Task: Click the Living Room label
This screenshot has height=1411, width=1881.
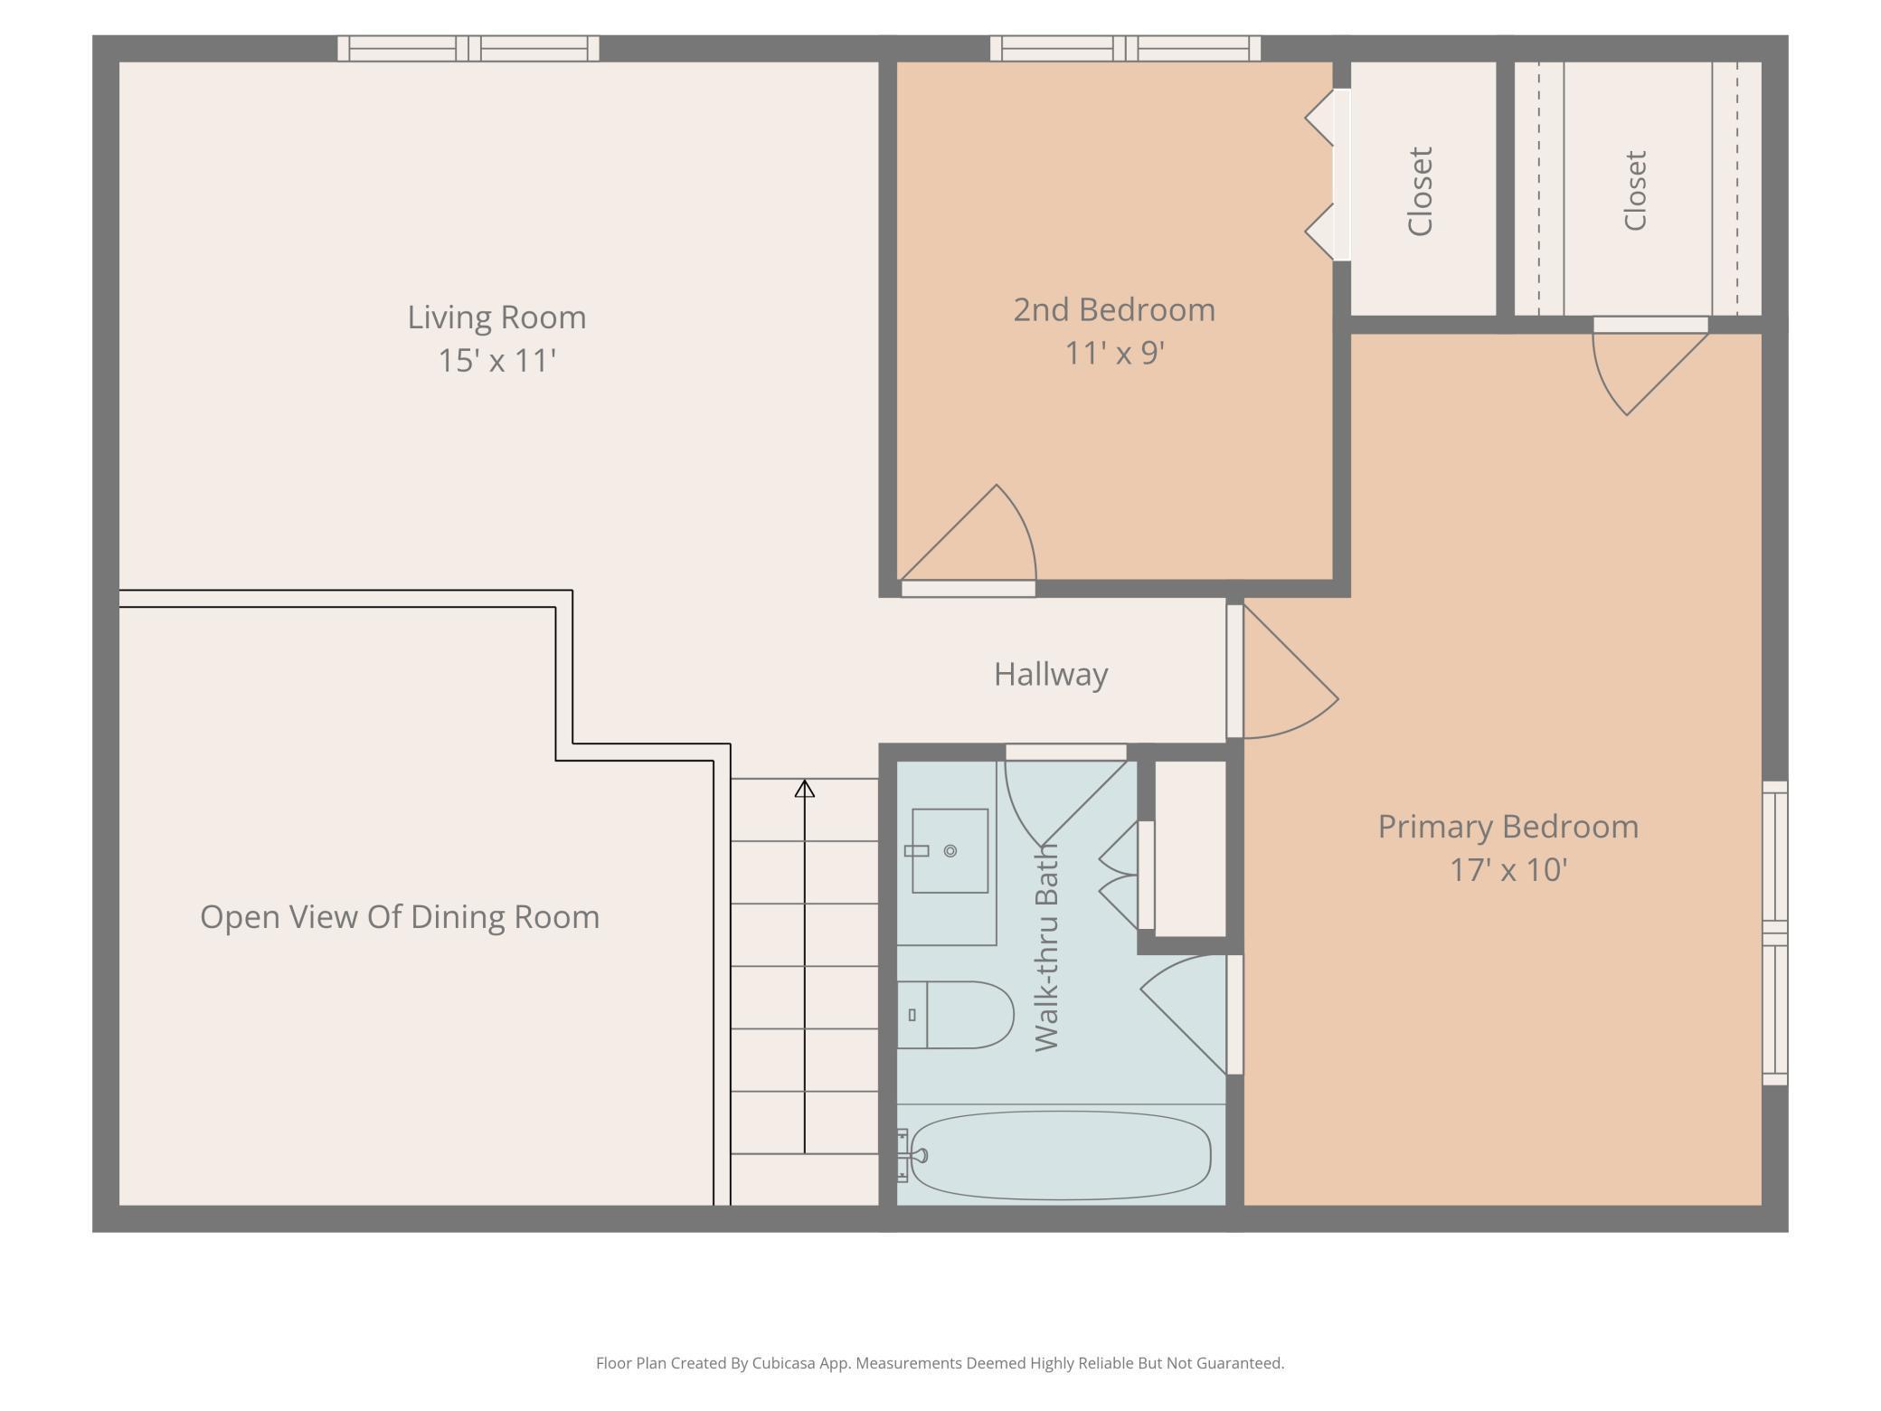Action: coord(496,317)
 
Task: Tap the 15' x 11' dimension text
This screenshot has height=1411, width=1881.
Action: coord(496,361)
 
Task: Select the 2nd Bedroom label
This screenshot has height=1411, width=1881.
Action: coord(1114,310)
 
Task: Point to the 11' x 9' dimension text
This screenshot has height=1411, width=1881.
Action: coord(1114,353)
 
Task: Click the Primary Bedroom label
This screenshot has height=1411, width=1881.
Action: coord(1508,827)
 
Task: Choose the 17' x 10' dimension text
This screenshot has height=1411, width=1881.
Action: coord(1508,870)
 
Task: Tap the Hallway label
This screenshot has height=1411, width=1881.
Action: coord(1051,675)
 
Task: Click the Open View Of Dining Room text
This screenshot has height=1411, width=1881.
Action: coord(400,917)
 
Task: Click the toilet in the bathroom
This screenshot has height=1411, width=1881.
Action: coord(955,1015)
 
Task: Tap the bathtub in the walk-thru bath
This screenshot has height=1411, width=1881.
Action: coord(1060,1156)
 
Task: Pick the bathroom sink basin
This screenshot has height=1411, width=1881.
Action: coord(950,851)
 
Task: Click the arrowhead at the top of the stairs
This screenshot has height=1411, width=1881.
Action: coord(805,789)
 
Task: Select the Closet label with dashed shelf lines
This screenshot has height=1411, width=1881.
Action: coord(1635,191)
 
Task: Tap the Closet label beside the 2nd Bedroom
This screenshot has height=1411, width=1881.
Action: coord(1421,192)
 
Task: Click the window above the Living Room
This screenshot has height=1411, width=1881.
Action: coord(468,49)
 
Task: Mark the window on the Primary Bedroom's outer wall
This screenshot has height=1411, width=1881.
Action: coord(1775,933)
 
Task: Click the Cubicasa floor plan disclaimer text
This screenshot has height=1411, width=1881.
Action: coord(940,1363)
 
